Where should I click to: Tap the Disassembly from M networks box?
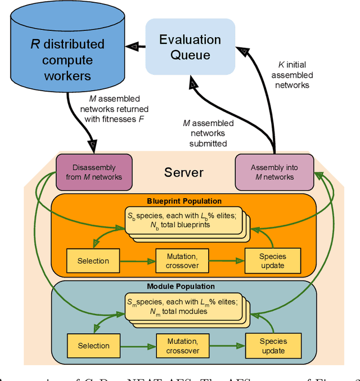coord(94,172)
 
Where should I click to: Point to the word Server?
coord(183,172)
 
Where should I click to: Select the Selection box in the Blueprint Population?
coord(93,261)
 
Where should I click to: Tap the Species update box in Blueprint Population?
coord(273,261)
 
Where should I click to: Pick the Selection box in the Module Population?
coord(93,346)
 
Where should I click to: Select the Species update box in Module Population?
coord(273,346)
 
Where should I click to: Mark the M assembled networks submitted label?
coord(204,133)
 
